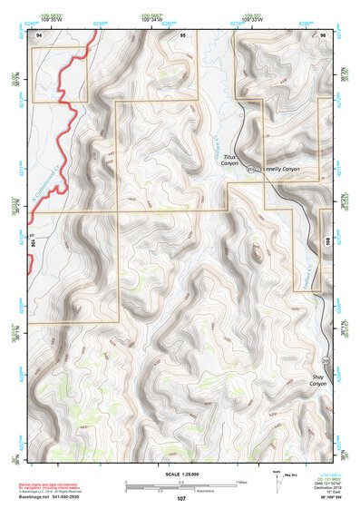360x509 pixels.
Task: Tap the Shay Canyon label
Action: click(x=318, y=380)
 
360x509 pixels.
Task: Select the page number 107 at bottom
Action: click(x=181, y=499)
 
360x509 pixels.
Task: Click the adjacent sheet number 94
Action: click(x=39, y=34)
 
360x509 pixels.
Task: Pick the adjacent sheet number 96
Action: click(x=322, y=34)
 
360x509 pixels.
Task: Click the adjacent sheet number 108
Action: click(x=326, y=240)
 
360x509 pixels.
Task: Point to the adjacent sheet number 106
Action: click(x=32, y=243)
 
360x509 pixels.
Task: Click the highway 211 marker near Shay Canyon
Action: click(x=325, y=364)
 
